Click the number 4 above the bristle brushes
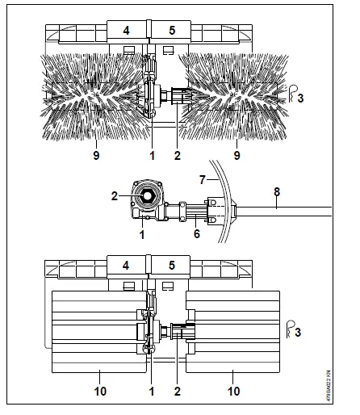(x=126, y=30)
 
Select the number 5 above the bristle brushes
(x=170, y=30)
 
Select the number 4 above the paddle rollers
(x=126, y=264)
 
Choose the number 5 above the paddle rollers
(x=170, y=264)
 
